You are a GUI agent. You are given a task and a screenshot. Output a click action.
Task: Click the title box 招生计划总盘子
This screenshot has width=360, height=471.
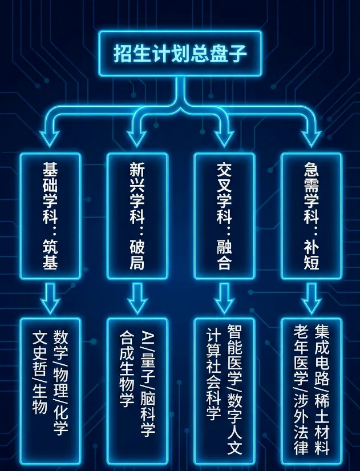coord(180,54)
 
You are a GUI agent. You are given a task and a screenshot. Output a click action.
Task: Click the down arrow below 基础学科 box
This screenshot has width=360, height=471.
coord(50,297)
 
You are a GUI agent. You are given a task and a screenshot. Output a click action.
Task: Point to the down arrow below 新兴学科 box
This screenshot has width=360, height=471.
coord(137,297)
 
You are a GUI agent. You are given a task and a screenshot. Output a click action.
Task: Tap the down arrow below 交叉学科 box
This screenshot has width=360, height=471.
coord(224,297)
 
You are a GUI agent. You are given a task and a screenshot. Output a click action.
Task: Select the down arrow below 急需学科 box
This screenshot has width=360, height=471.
coord(311,297)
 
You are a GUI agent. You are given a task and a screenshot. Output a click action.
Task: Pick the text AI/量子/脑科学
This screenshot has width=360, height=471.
coord(148,383)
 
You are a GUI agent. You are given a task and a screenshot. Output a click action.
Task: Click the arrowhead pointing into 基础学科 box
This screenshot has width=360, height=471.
coord(50,137)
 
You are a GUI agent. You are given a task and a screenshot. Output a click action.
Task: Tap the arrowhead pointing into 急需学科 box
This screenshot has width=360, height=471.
coord(311,137)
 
